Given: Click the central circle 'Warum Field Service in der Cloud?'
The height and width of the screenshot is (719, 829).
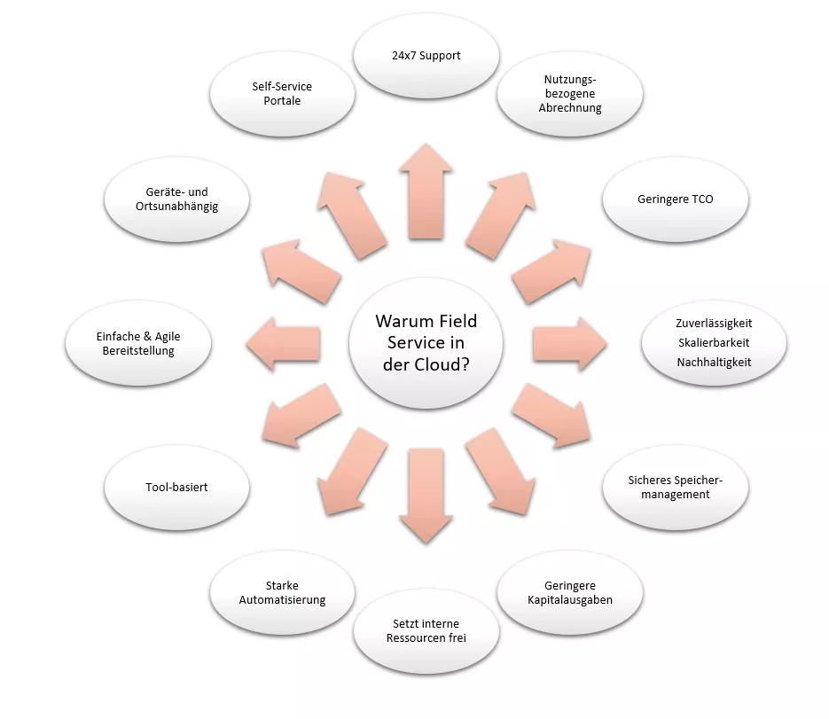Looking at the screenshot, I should (x=426, y=342).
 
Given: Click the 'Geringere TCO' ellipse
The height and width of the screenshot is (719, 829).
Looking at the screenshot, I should (x=676, y=199).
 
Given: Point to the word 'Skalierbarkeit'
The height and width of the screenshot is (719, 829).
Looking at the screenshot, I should (x=714, y=342).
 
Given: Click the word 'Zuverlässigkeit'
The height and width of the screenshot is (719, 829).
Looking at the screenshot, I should (x=714, y=323).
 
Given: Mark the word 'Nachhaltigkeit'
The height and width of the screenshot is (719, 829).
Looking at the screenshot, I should (x=714, y=362).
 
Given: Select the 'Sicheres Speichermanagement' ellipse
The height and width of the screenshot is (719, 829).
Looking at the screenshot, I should (x=676, y=487).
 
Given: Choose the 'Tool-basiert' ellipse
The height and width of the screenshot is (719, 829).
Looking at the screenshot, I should (x=176, y=487).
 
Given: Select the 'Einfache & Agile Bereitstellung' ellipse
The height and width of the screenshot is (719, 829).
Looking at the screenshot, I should (x=137, y=343).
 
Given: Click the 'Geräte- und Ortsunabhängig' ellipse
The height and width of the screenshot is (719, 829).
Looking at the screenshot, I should (x=176, y=199).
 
